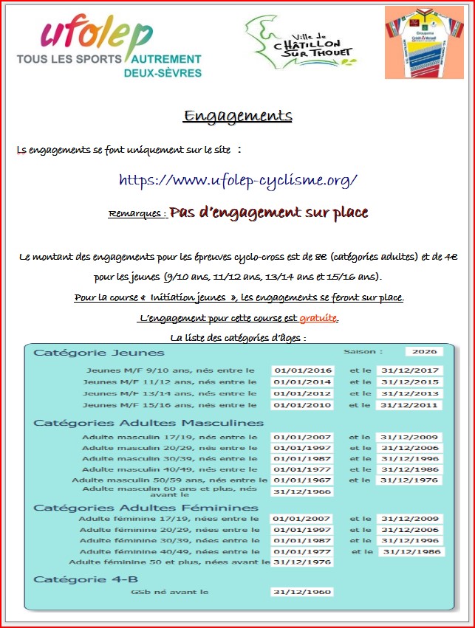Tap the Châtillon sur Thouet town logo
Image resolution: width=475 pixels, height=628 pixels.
click(299, 43)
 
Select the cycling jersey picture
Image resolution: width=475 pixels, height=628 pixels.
click(423, 42)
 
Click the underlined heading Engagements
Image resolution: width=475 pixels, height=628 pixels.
click(238, 117)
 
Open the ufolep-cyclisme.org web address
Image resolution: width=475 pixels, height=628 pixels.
click(238, 180)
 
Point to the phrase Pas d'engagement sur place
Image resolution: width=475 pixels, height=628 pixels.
click(269, 213)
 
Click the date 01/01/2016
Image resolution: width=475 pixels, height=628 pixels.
click(302, 370)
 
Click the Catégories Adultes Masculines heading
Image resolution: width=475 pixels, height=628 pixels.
click(148, 423)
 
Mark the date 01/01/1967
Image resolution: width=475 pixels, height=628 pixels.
click(302, 480)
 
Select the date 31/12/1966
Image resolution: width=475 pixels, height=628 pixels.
click(301, 492)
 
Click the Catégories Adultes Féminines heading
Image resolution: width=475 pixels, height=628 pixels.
click(146, 508)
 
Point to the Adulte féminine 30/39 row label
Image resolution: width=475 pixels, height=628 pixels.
click(169, 541)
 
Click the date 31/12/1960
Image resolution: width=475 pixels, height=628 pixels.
click(302, 592)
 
